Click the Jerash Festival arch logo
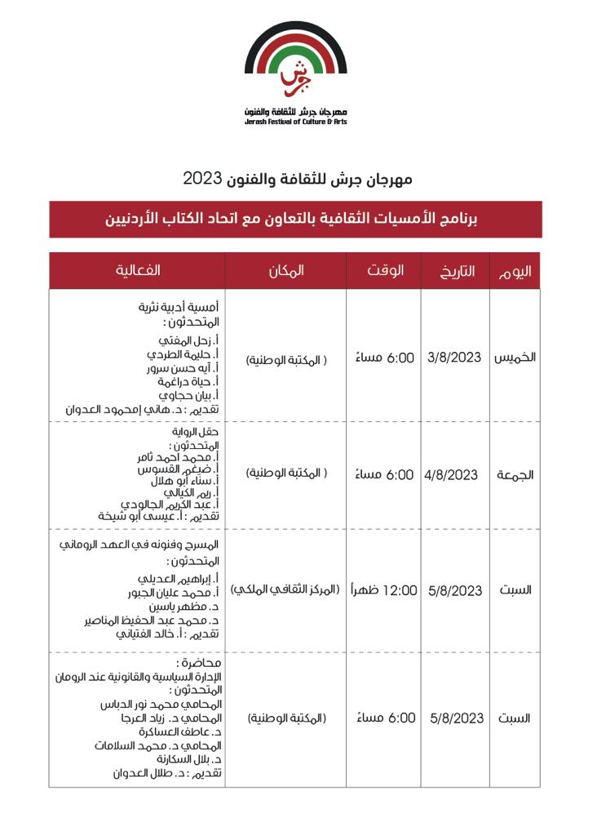pos(296,62)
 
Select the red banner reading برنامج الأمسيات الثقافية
pos(295,220)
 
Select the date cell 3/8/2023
pos(455,358)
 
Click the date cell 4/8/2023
pos(452,474)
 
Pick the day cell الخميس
pos(515,358)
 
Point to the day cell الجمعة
pos(515,475)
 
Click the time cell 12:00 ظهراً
pos(384,590)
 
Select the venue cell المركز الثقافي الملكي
pos(285,590)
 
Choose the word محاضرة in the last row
pos(197,662)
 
